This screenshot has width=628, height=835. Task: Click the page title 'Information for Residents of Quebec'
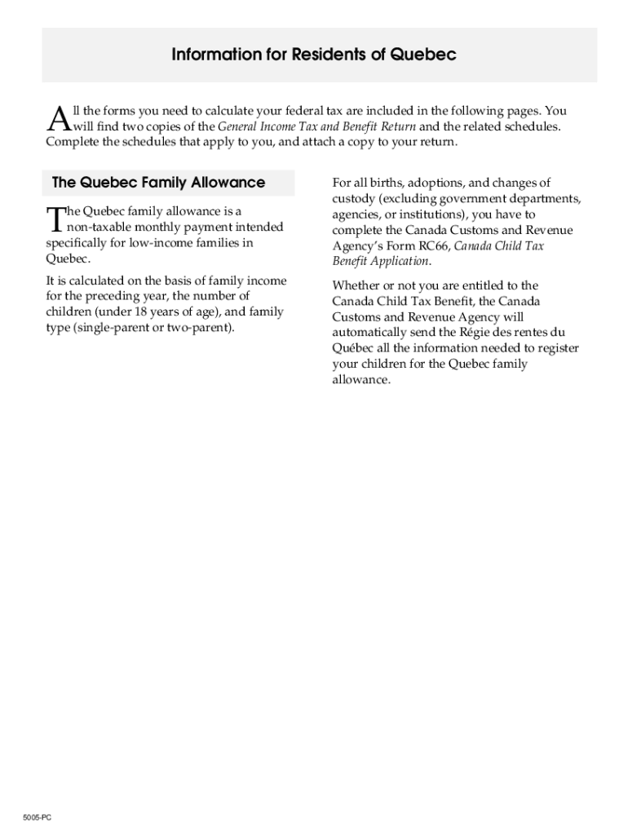click(313, 55)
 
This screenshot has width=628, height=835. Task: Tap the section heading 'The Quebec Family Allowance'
click(158, 183)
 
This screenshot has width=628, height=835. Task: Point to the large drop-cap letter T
click(55, 219)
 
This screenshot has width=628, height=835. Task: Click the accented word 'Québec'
click(352, 348)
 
